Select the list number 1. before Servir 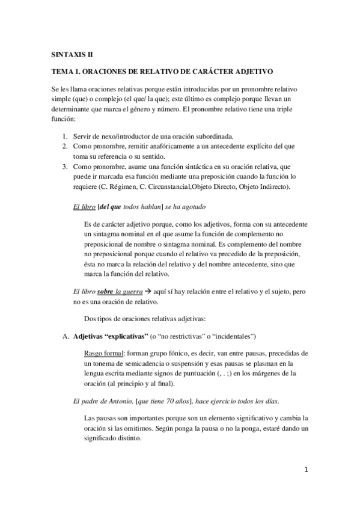pos(65,137)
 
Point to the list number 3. pos(65,166)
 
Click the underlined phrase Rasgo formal pos(106,354)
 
